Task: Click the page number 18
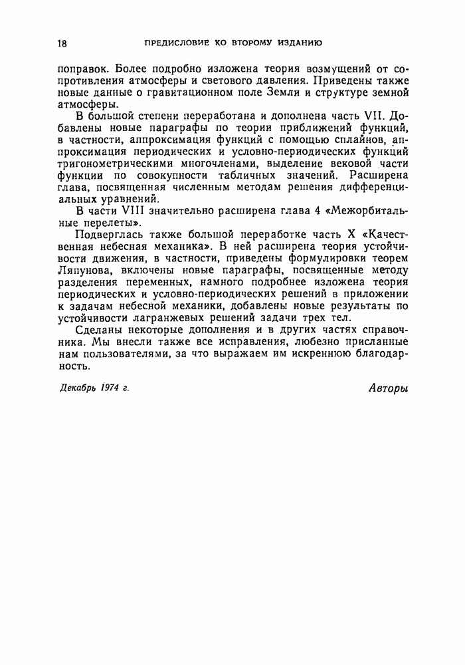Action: (62, 43)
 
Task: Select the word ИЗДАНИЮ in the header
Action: (297, 43)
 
